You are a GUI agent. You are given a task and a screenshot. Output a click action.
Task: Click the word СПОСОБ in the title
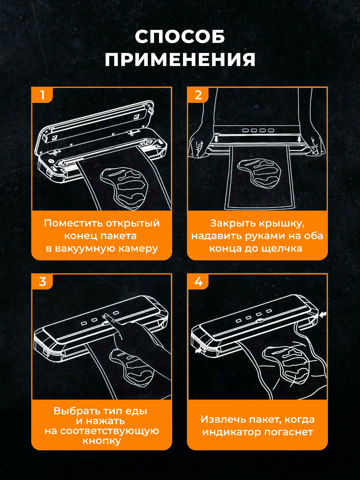[x=180, y=36]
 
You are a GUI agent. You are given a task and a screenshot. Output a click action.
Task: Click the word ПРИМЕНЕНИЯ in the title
[x=180, y=59]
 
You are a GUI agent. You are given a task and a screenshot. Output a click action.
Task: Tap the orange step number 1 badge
[x=42, y=95]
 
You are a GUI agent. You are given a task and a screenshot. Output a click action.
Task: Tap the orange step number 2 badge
[x=198, y=95]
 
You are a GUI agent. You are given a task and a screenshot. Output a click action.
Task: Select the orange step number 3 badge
[x=42, y=282]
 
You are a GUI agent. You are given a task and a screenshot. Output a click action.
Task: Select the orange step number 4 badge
[x=198, y=282]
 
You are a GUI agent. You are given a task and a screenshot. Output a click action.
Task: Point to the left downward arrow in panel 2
[x=216, y=139]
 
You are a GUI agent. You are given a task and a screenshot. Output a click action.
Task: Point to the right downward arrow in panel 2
[x=299, y=139]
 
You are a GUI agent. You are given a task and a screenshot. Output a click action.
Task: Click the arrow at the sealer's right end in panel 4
[x=322, y=315]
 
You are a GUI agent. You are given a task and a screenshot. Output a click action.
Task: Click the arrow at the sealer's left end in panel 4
[x=199, y=350]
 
